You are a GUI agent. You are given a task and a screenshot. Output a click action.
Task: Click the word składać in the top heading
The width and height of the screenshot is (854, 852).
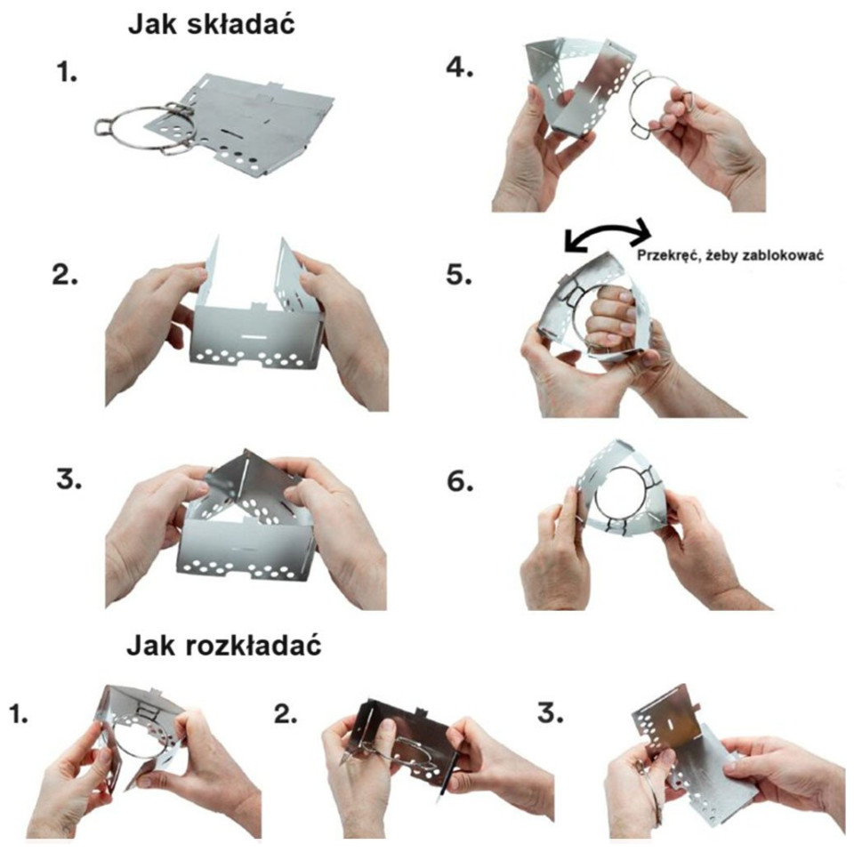click(240, 26)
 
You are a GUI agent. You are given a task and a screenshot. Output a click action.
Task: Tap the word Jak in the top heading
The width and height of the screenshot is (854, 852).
click(154, 26)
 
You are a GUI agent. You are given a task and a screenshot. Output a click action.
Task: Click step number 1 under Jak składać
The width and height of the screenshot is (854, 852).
click(67, 72)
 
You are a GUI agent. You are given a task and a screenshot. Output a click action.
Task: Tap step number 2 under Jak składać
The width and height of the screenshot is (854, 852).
click(65, 276)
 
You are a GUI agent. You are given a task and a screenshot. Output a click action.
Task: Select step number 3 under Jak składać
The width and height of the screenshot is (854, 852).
click(68, 479)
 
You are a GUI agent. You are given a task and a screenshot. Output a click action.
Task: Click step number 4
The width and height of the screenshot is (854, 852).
click(459, 68)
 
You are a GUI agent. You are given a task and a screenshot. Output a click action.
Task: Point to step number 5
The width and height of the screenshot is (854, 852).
click(458, 274)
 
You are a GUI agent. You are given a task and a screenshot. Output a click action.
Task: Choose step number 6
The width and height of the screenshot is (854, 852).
click(460, 482)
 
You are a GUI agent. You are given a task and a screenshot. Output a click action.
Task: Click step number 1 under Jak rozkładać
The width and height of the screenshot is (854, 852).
click(18, 714)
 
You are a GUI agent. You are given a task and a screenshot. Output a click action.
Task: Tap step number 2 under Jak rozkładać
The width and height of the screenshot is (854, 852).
click(285, 714)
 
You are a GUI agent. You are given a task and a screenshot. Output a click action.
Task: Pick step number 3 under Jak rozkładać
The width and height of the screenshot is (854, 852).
click(551, 714)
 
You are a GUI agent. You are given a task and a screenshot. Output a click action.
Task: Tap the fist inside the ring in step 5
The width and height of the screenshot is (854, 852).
click(612, 319)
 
